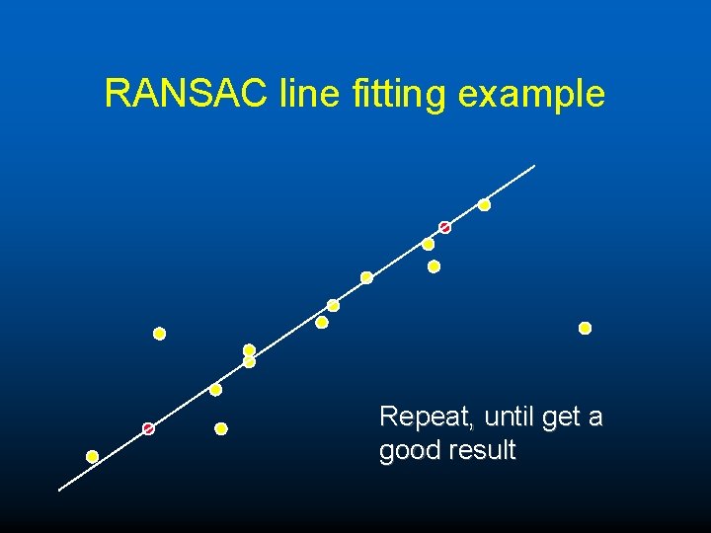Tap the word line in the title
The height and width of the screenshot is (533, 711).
(309, 94)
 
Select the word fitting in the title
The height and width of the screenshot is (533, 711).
(398, 95)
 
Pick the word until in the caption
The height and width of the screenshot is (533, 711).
(510, 418)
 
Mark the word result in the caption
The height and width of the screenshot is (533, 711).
(482, 451)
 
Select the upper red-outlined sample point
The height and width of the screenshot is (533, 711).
(444, 228)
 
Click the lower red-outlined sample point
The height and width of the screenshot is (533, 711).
(148, 428)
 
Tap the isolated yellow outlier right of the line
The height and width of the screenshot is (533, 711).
(585, 328)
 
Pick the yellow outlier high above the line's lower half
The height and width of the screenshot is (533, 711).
(159, 334)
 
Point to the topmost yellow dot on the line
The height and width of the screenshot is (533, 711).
(484, 205)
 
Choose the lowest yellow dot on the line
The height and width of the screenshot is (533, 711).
(92, 456)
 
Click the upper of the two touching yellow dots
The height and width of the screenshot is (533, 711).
(249, 350)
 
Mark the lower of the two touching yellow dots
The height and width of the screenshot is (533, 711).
(249, 362)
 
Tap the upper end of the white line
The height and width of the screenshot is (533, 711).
(533, 166)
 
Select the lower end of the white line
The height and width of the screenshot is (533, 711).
(60, 489)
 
